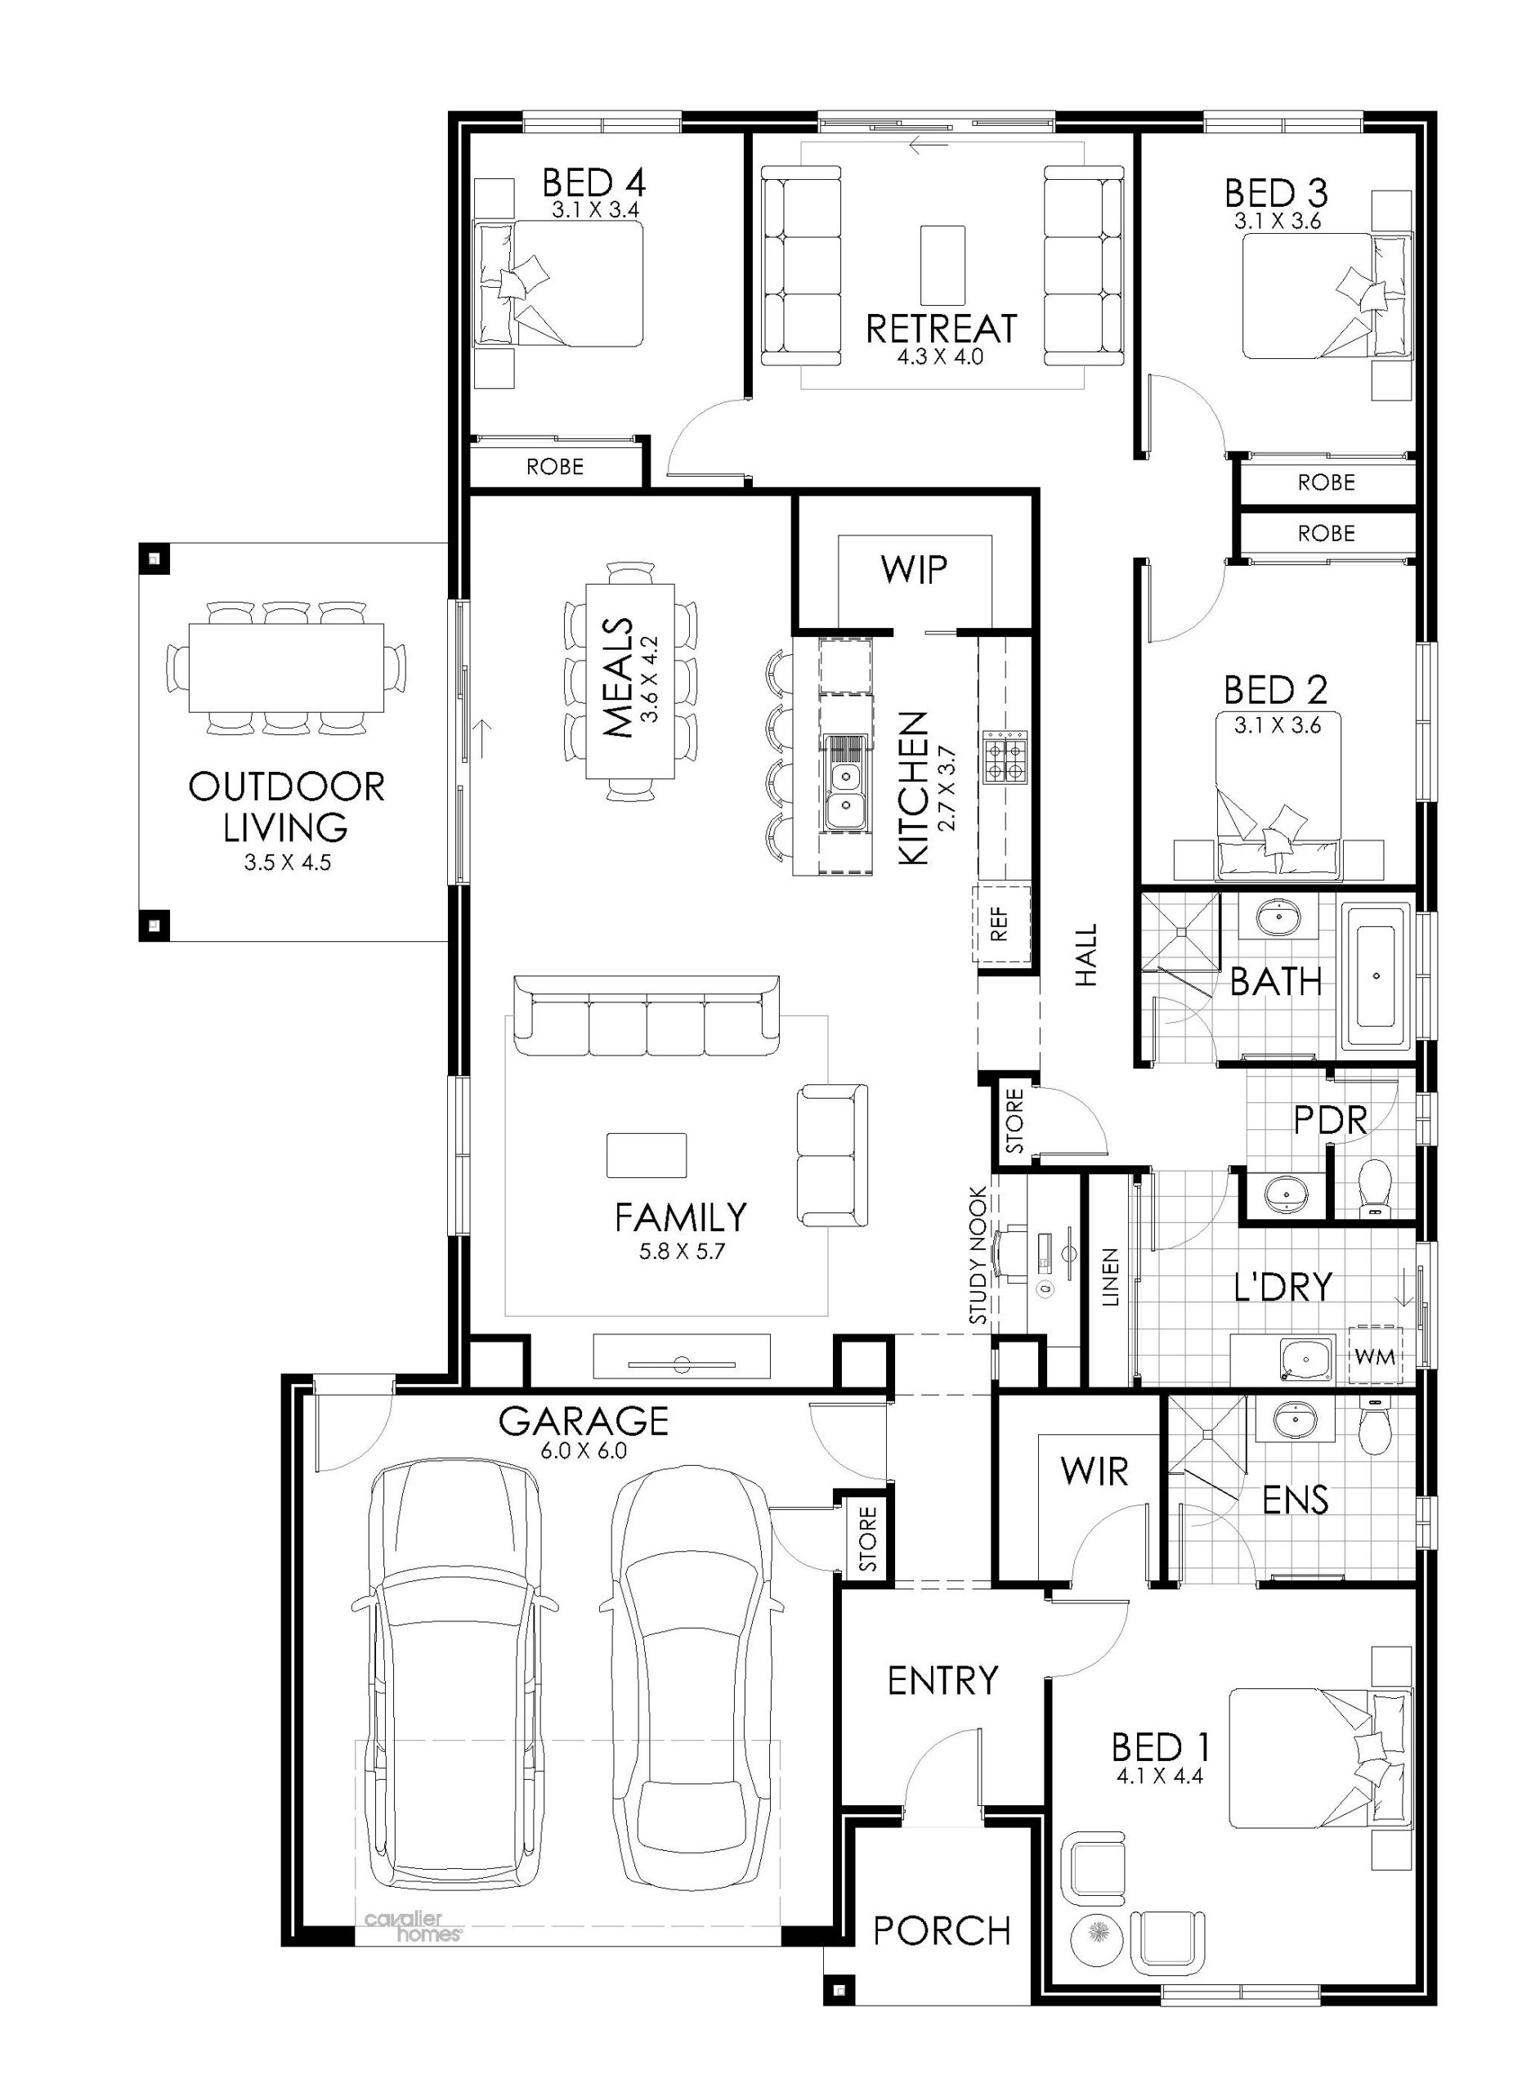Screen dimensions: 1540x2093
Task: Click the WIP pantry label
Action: pyautogui.click(x=914, y=569)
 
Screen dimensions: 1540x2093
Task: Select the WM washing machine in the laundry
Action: pyautogui.click(x=1375, y=1356)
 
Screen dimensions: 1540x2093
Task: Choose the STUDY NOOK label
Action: pyautogui.click(x=978, y=1256)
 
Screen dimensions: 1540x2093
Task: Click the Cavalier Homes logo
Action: pyautogui.click(x=412, y=1925)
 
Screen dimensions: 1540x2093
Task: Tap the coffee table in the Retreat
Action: pyautogui.click(x=942, y=264)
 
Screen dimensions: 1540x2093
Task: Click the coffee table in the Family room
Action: pyautogui.click(x=646, y=1155)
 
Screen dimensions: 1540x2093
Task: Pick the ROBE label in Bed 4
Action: pyautogui.click(x=555, y=466)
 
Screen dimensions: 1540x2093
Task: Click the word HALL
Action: pyautogui.click(x=1087, y=955)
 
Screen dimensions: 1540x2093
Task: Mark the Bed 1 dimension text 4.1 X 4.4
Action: pyautogui.click(x=1159, y=1776)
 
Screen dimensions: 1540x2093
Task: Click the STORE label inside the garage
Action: pyautogui.click(x=868, y=1539)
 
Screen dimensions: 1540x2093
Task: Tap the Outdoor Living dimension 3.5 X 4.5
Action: pyautogui.click(x=287, y=863)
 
